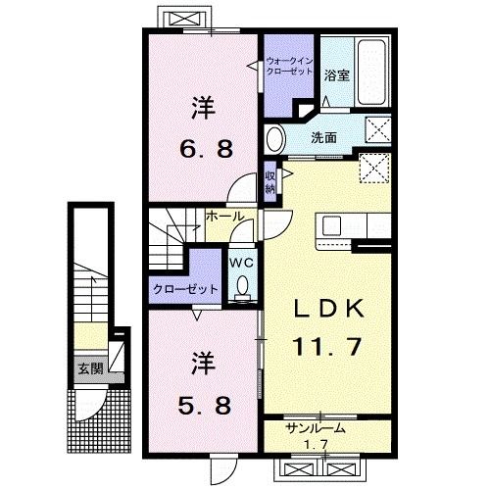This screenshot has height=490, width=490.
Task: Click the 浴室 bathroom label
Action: click(337, 75)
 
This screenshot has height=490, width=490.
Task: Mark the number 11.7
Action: click(331, 345)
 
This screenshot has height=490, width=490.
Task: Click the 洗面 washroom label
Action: click(324, 138)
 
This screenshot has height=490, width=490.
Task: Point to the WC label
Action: click(241, 263)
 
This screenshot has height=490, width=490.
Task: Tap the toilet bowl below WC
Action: click(242, 286)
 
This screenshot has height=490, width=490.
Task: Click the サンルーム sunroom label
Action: click(317, 429)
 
